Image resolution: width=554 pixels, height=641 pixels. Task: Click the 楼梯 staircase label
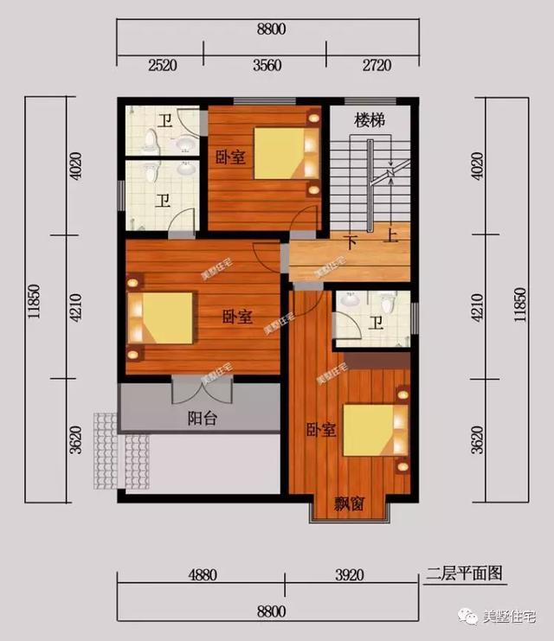point(369,120)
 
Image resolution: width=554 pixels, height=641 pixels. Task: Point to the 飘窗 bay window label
point(350,505)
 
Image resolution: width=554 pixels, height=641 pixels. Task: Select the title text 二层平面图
point(465,573)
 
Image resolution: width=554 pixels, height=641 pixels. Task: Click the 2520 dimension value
point(162,64)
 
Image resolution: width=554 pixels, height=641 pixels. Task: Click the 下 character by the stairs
point(351,241)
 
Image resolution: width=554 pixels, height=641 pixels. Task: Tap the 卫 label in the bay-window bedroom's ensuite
point(376,324)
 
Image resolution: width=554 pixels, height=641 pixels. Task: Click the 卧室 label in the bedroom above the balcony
point(235,317)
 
